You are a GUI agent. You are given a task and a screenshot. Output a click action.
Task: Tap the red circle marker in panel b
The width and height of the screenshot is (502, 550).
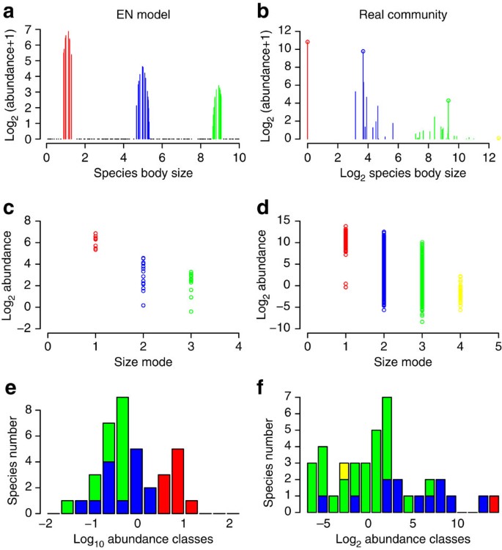click(308, 43)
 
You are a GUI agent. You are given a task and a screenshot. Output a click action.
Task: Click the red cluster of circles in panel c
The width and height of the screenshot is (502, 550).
click(95, 241)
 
